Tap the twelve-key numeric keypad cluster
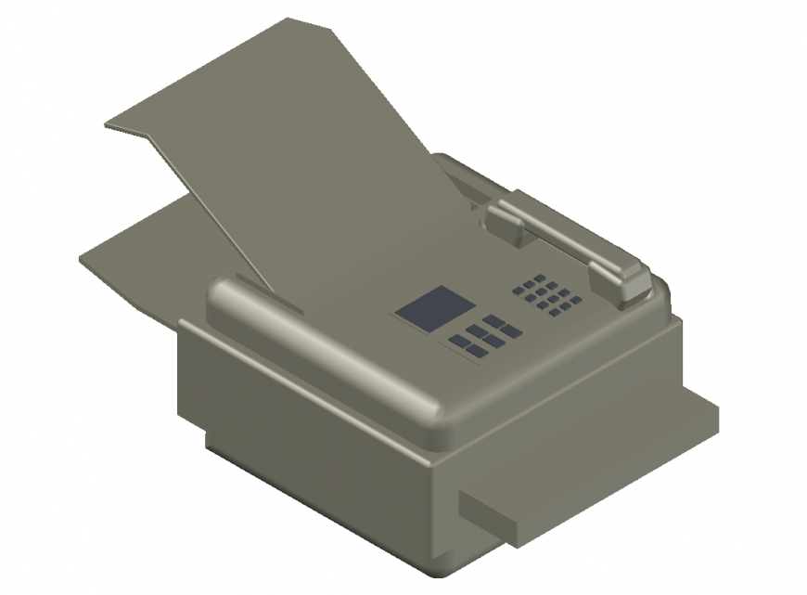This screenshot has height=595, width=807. coord(547,295)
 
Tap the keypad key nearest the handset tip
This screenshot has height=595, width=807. coord(576,300)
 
